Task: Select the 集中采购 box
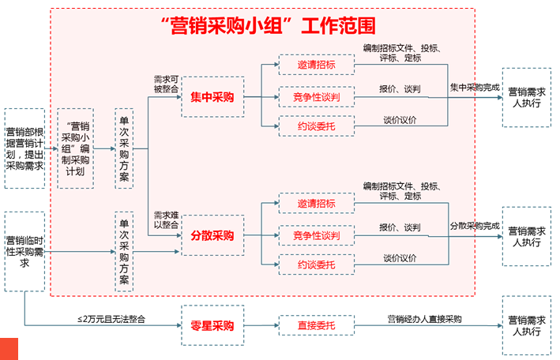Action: (x=212, y=97)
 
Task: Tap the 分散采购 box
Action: (x=212, y=235)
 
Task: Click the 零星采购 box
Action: (x=212, y=324)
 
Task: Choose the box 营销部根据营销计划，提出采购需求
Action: (x=24, y=137)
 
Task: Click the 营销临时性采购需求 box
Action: (x=24, y=251)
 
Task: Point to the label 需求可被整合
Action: (x=166, y=84)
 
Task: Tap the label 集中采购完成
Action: (x=475, y=87)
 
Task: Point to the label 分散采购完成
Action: (x=475, y=226)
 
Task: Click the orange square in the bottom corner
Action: (x=9, y=348)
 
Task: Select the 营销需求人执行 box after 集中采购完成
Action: (x=527, y=97)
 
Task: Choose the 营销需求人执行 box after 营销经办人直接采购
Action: (x=527, y=324)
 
